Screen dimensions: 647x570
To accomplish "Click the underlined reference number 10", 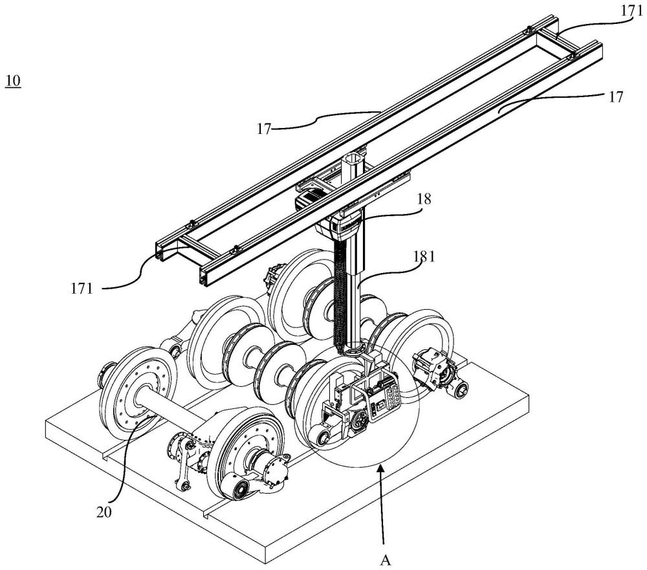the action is point(13,80).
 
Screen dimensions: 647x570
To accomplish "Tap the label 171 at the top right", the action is point(631,11).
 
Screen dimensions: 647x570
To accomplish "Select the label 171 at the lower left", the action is point(82,288).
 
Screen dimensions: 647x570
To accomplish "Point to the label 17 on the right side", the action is point(615,96).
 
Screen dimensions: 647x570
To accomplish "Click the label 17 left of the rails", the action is point(264,129).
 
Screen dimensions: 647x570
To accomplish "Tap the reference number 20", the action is point(104,512).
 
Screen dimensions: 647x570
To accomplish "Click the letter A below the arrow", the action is point(386,560).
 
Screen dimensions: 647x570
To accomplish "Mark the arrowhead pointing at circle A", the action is point(381,469).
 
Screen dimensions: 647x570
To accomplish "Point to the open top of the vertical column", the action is point(354,158).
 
